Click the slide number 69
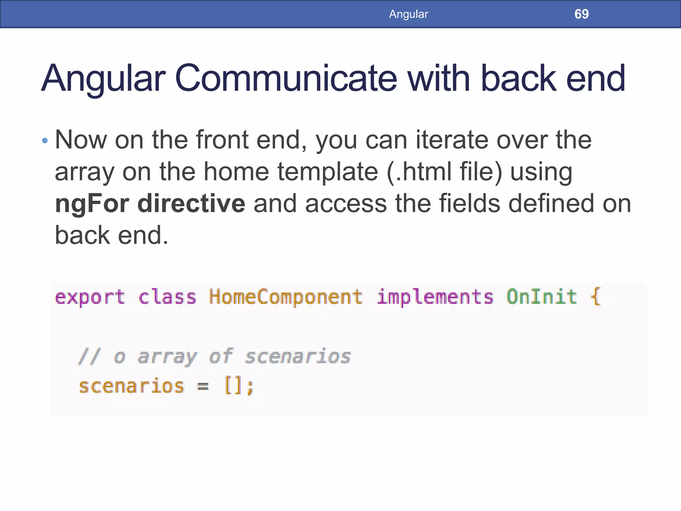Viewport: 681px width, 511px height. [581, 14]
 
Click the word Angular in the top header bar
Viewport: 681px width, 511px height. [408, 14]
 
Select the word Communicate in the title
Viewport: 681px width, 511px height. [286, 79]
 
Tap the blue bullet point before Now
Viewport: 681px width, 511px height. [45, 141]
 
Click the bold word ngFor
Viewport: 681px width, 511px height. [92, 204]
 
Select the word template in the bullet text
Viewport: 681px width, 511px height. [328, 172]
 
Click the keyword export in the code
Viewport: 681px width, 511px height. [90, 297]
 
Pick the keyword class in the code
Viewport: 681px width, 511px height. [167, 297]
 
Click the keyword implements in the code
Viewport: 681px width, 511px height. [435, 297]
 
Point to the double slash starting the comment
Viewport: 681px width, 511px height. [89, 356]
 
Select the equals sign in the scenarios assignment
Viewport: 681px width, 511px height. [203, 387]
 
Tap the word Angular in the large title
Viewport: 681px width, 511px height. [103, 79]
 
